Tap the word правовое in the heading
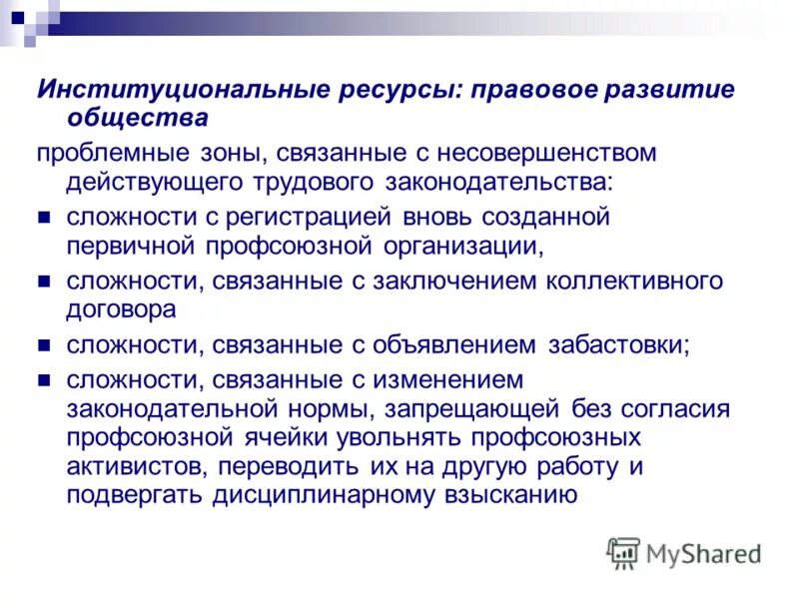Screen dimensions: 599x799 pyautogui.click(x=534, y=90)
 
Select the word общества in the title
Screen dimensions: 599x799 pyautogui.click(x=137, y=118)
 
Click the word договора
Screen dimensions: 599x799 pyautogui.click(x=122, y=309)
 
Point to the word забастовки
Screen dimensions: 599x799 pyautogui.click(x=618, y=344)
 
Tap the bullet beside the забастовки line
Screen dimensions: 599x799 pyautogui.click(x=44, y=346)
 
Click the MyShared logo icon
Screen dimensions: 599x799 pyautogui.click(x=623, y=552)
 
